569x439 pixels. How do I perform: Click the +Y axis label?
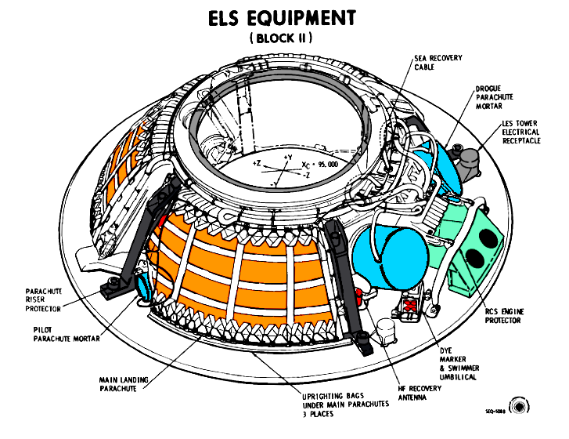click(288, 158)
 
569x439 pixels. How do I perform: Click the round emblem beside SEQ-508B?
click(518, 407)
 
